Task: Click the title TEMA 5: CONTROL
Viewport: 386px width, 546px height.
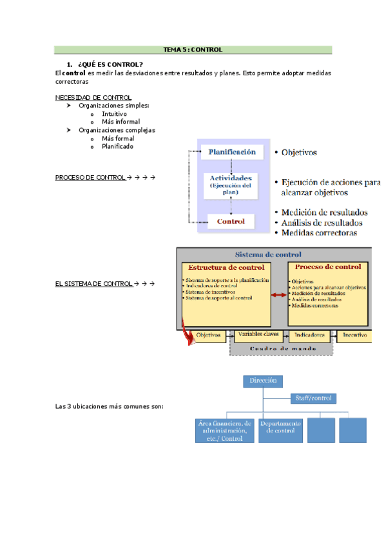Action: coord(193,49)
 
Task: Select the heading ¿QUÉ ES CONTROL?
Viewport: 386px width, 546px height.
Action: coord(110,64)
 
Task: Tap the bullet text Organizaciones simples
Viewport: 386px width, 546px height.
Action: coord(114,106)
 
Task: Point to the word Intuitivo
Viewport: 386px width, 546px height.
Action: coord(114,113)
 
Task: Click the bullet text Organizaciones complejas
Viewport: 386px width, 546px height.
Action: coord(117,130)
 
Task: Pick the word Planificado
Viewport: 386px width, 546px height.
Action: coord(117,146)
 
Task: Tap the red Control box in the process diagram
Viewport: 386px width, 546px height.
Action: coord(231,222)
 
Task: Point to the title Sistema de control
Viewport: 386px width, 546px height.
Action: coord(267,254)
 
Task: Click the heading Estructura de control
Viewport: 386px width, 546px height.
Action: coord(224,267)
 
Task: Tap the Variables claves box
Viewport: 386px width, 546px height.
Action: coord(258,335)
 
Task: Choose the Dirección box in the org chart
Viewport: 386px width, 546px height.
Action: coord(262,381)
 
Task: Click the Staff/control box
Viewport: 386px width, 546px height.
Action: coord(313,399)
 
